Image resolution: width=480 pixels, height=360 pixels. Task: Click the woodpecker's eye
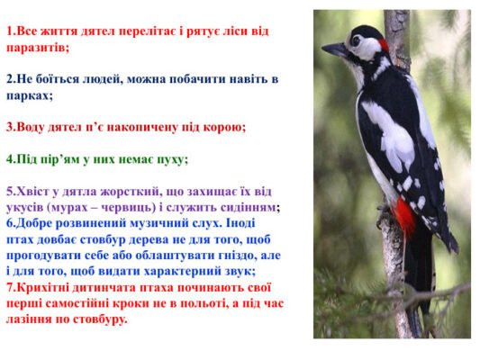click(x=356, y=40)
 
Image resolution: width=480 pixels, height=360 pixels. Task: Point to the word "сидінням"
click(x=248, y=207)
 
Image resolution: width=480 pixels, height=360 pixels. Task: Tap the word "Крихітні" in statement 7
click(x=47, y=287)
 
